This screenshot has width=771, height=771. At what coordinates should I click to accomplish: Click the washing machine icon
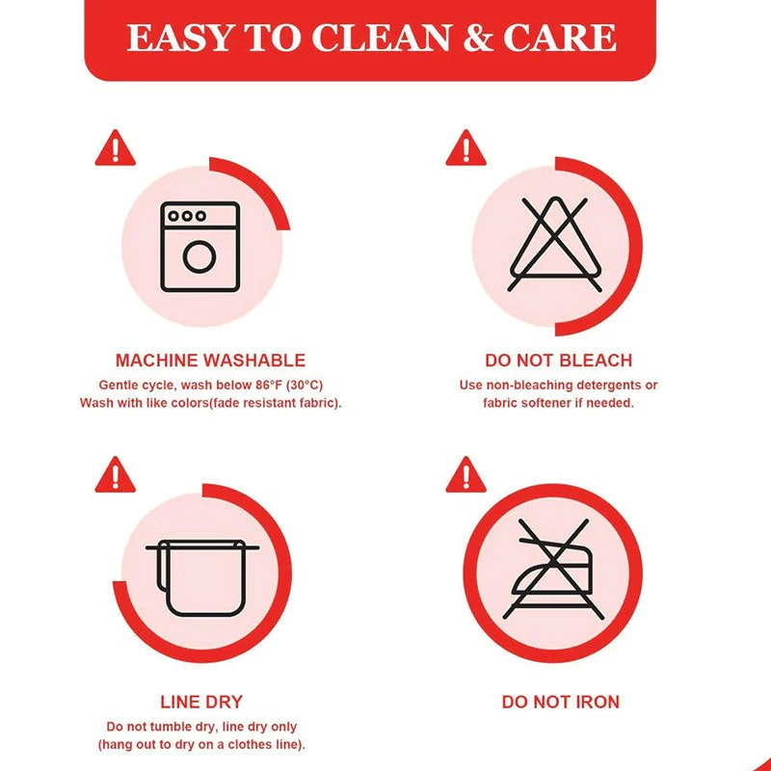click(200, 247)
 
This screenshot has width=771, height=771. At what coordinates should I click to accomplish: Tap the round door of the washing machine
click(199, 256)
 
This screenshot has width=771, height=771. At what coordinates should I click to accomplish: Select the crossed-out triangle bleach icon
click(555, 244)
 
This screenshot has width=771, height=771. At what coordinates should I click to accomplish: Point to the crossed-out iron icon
click(553, 569)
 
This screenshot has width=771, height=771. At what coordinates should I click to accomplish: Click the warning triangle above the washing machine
click(115, 148)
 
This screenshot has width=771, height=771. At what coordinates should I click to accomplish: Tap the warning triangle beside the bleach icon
click(465, 148)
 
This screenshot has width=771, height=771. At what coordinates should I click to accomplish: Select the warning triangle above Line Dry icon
click(115, 475)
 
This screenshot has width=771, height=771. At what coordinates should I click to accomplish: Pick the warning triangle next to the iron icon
click(465, 475)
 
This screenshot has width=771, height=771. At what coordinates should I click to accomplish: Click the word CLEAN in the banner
click(381, 38)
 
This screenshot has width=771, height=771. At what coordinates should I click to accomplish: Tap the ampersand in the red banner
click(478, 38)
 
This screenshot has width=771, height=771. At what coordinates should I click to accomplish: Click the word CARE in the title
click(560, 38)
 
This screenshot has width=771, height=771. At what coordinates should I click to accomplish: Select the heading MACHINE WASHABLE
click(210, 360)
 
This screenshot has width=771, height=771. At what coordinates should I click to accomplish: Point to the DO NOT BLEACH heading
click(559, 360)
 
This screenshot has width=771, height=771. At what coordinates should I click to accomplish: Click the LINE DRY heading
click(201, 702)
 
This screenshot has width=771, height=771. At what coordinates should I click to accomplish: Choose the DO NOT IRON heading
click(561, 702)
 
